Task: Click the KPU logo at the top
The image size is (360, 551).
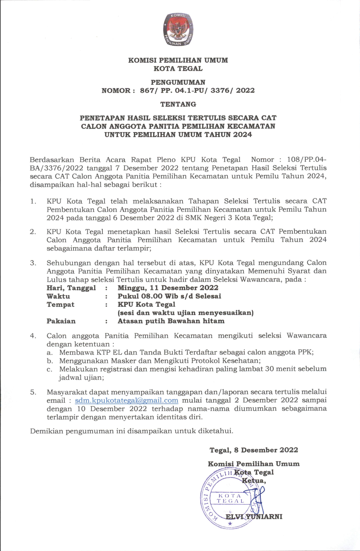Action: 178,30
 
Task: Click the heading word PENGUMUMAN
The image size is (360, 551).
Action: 178,82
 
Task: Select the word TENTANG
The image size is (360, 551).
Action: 178,104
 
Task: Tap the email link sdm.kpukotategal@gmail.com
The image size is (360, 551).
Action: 126,401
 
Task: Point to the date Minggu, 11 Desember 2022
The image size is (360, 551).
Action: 168,288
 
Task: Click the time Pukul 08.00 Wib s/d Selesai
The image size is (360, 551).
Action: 169,296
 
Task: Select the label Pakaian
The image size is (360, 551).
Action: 61,321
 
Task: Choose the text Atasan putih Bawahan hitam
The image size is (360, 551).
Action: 171,321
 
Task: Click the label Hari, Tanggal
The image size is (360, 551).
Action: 71,288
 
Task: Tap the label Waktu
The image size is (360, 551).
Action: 58,296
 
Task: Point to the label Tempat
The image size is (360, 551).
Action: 61,305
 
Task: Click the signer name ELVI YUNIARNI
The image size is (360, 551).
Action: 254,516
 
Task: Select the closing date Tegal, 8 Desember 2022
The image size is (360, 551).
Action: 254,450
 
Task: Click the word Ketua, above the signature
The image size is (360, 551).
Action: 254,481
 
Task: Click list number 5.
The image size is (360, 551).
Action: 33,392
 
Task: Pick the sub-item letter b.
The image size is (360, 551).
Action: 49,361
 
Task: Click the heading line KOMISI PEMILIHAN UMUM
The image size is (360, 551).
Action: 178,60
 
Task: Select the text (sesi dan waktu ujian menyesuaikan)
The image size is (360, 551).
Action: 185,313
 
